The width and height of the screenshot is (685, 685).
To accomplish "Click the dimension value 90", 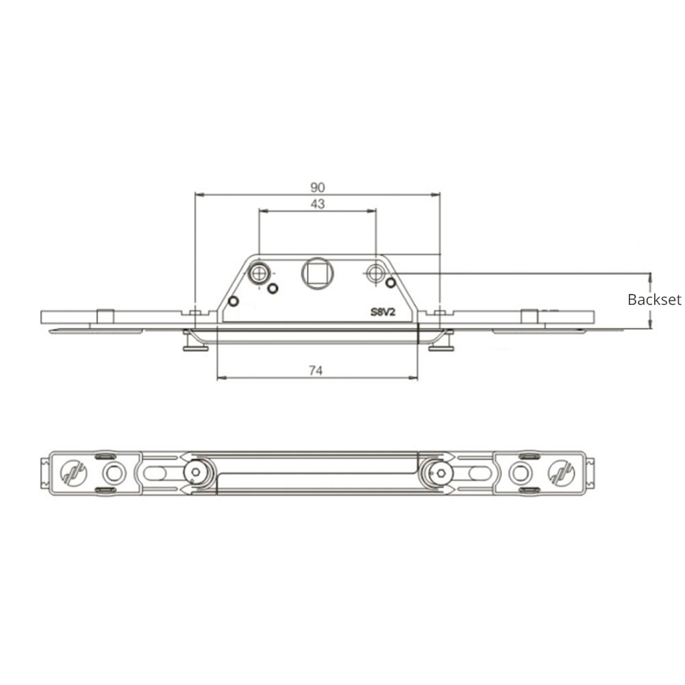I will click(x=316, y=187).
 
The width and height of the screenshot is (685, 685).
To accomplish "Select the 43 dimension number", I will click(x=316, y=203).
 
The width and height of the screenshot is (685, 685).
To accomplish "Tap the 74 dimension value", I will click(x=315, y=370).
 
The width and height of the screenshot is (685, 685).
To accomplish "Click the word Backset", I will click(x=654, y=299).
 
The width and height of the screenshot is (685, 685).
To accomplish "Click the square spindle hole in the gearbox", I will click(x=317, y=274).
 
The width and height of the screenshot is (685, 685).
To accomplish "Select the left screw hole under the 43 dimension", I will click(x=259, y=274).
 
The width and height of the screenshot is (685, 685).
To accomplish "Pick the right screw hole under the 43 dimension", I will click(x=375, y=273).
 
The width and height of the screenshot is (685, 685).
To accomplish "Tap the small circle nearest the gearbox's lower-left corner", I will click(x=233, y=301).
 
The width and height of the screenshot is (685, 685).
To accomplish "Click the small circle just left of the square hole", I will click(x=273, y=288).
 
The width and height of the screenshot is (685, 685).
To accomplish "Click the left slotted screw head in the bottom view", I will click(x=73, y=473).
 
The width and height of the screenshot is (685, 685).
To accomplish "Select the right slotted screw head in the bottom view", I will click(x=561, y=473).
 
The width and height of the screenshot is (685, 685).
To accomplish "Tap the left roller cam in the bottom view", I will click(x=197, y=473).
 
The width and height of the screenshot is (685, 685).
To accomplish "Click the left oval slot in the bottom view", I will click(x=155, y=473).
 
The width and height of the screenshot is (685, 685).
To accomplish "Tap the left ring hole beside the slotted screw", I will click(x=114, y=473).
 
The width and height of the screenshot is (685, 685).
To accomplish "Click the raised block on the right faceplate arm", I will click(x=529, y=316).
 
